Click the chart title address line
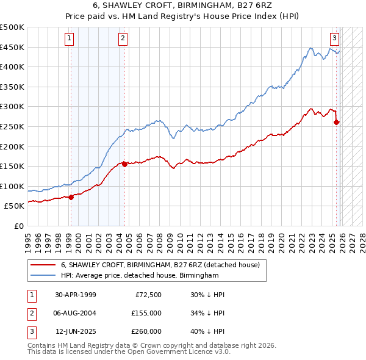(183, 6)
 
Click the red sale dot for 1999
(71, 197)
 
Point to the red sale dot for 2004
(124, 164)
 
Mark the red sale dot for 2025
(337, 122)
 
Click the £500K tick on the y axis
(12, 27)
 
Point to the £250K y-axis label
(12, 126)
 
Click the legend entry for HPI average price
(139, 276)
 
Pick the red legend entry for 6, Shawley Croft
(160, 265)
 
